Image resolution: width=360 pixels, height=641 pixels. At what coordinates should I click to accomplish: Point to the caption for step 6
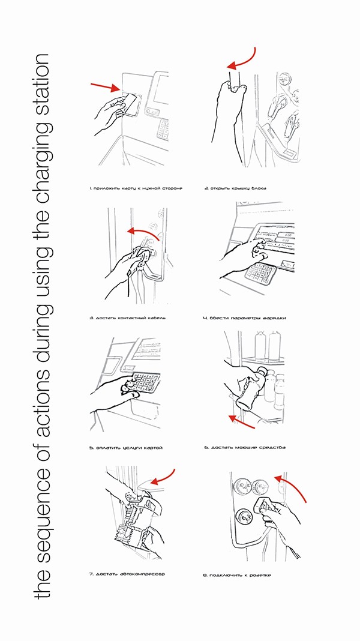pyautogui.click(x=244, y=448)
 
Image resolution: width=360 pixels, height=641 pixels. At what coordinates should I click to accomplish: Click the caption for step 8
pyautogui.click(x=237, y=575)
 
